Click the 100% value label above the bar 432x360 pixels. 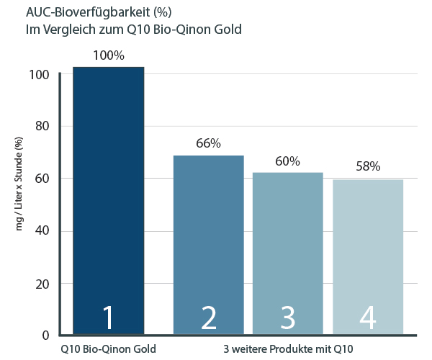(x=109, y=55)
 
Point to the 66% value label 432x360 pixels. (x=208, y=143)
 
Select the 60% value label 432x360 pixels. (x=288, y=161)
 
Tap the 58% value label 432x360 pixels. (x=368, y=167)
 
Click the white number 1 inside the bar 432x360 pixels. (x=109, y=318)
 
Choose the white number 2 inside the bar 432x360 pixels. (x=208, y=318)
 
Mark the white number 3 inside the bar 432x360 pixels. (x=288, y=318)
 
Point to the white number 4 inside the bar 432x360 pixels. (x=368, y=318)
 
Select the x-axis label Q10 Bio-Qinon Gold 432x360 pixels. (x=109, y=349)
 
